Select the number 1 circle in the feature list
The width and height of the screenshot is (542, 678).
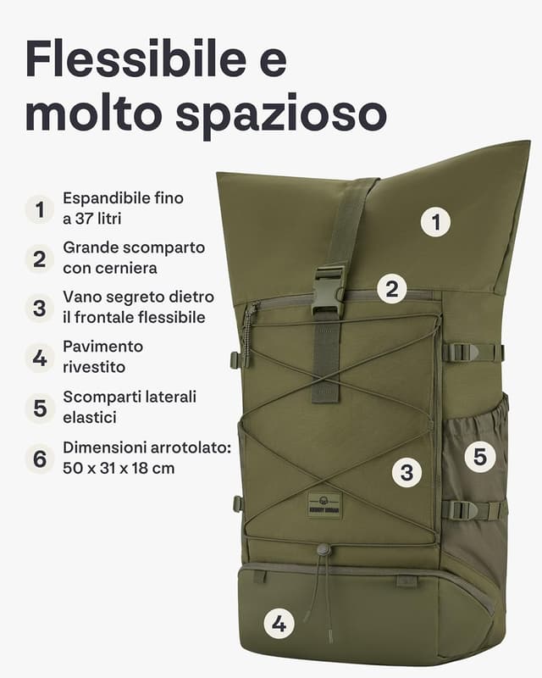[x=39, y=208]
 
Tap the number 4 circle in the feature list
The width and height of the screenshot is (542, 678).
[x=39, y=357]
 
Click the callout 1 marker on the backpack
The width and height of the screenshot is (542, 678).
[x=436, y=223]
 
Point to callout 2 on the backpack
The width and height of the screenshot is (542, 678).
[x=390, y=289]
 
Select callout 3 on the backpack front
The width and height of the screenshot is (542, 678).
[x=406, y=472]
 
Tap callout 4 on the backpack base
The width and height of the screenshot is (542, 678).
[x=279, y=625]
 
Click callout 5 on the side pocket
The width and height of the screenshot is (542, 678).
[x=479, y=458]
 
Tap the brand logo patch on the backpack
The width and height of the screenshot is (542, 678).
[x=324, y=504]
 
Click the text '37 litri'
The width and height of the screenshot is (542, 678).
[x=98, y=218]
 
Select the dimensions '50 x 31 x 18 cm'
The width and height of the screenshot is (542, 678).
[x=119, y=468]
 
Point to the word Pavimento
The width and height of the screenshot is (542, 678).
[x=102, y=347]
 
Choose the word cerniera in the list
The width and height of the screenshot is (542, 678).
[x=95, y=268]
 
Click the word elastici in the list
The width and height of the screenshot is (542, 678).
[x=89, y=418]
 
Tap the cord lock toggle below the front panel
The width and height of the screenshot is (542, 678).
[x=324, y=550]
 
